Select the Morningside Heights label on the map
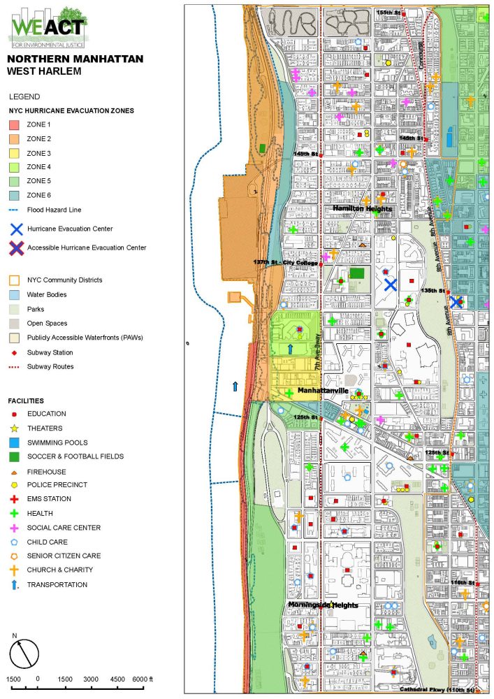[x=323, y=605]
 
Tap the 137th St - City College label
[x=285, y=262]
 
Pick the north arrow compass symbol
[x=24, y=653]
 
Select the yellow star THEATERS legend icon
[x=15, y=428]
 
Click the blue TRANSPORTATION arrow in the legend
[x=15, y=584]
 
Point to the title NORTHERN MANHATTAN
[x=75, y=59]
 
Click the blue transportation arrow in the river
[x=235, y=386]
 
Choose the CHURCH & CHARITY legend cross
[x=15, y=570]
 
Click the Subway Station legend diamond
[x=15, y=352]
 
